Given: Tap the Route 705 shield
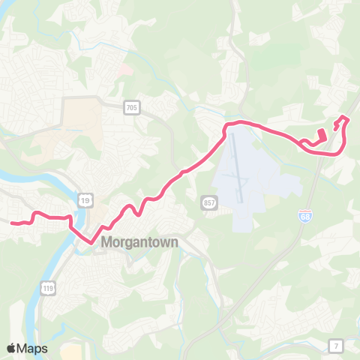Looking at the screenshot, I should (132, 109).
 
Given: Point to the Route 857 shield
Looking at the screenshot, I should (209, 203).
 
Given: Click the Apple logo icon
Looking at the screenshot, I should (12, 348).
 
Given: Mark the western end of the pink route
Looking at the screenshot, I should (11, 223).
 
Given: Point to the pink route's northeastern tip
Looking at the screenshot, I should (345, 117).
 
